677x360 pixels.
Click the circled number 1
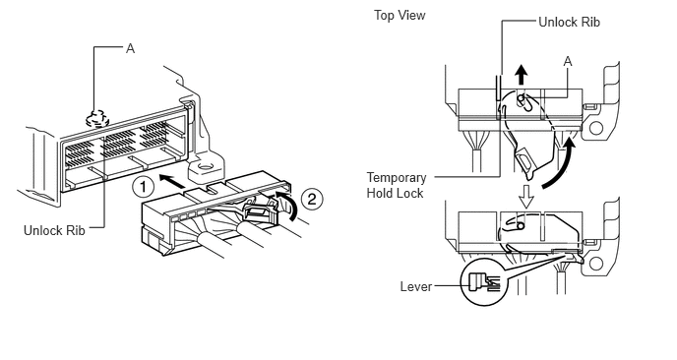(x=143, y=187)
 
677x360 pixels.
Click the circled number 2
(x=312, y=199)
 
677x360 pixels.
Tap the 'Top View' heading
(x=400, y=16)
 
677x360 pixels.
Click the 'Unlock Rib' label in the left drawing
(x=54, y=230)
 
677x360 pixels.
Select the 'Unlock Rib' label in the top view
(x=569, y=22)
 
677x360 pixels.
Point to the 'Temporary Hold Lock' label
(x=397, y=185)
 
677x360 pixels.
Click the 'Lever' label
(x=416, y=286)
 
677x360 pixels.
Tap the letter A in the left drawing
(x=131, y=49)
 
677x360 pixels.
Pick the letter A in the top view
(x=568, y=62)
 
